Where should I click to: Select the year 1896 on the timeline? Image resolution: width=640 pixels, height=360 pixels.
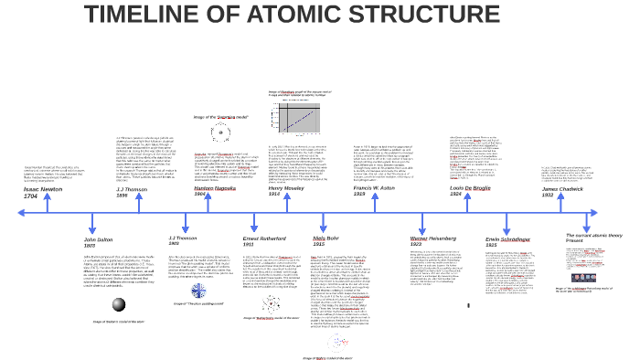point(123,196)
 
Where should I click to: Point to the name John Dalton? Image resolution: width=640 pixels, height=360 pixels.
point(100,239)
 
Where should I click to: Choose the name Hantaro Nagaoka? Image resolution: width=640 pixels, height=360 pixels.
point(216,188)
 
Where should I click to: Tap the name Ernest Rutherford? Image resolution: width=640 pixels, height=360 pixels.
point(266,238)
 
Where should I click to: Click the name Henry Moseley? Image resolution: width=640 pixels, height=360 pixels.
point(287,188)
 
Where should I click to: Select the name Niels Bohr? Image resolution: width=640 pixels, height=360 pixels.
point(325,238)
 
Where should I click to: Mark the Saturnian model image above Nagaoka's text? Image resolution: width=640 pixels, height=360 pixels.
point(220,134)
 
